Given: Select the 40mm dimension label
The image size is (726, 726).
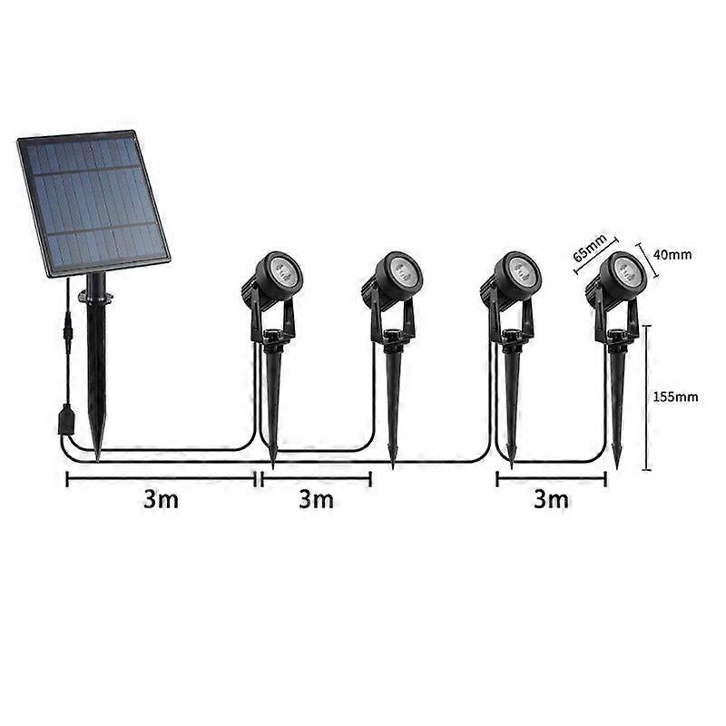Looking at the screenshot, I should coord(672,255).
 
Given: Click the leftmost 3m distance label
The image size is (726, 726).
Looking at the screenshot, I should coord(161,498).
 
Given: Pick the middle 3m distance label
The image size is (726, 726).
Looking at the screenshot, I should coord(316,498).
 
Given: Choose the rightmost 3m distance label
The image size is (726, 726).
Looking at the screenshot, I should coord(551,498).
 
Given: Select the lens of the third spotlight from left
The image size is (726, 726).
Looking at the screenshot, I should coord(520,270).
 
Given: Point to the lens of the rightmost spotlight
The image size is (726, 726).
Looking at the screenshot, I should coord(626,270).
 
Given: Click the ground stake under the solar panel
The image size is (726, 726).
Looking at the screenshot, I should coord(96,372).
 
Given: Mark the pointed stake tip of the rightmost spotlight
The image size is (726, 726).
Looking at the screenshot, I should coord(617,465).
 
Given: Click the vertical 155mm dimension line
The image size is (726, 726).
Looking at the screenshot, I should coord(647,397).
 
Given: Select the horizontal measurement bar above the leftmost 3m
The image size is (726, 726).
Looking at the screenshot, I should coord(162,478).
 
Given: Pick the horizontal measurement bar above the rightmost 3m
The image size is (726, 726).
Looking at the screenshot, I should coord(551,478).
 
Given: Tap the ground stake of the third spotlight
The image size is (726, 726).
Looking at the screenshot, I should coord(510,404).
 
